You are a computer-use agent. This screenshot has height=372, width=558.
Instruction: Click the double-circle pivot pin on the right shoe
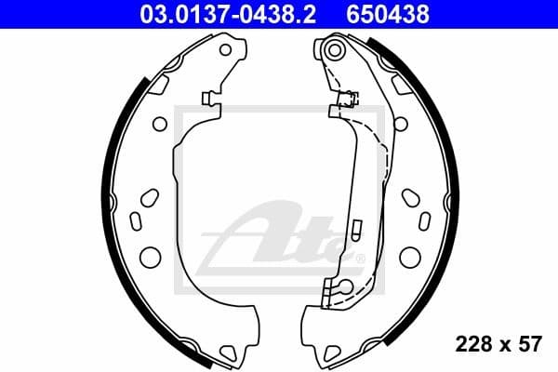pyautogui.click(x=336, y=47)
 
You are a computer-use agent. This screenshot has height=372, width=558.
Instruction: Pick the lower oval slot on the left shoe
pyautogui.click(x=135, y=220)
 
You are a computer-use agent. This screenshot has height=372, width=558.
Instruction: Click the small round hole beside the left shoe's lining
pyautogui.click(x=159, y=122)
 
